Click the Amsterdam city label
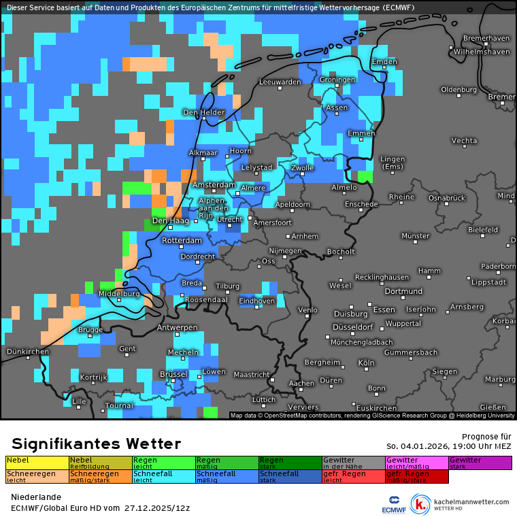[214, 185]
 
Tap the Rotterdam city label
[182, 241]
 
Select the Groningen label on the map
[337, 80]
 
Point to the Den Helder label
[203, 112]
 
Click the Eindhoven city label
[257, 301]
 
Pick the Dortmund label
[384, 291]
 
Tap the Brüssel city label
[173, 374]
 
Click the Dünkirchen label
[27, 352]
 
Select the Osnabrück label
[446, 198]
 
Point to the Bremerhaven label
[486, 38]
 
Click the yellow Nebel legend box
[37, 463]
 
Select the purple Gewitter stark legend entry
[480, 463]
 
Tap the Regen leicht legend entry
[163, 463]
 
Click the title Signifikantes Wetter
[96, 444]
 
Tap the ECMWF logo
[394, 504]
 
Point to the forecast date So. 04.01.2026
[449, 446]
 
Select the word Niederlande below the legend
[36, 497]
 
